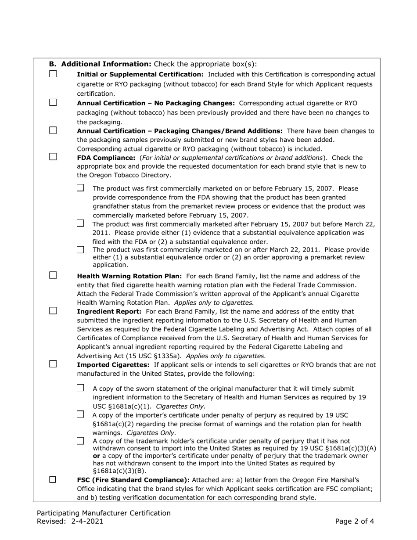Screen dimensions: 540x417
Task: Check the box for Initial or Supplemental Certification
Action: click(53, 74)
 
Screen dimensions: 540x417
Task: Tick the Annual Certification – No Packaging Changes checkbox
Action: click(53, 103)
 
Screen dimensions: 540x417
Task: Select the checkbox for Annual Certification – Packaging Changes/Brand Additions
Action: click(53, 130)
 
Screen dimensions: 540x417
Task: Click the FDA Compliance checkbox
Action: click(53, 157)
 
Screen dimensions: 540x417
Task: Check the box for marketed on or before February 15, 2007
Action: click(80, 188)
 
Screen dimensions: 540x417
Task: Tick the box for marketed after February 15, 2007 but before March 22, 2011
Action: click(80, 223)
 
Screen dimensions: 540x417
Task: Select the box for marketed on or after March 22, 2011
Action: click(80, 250)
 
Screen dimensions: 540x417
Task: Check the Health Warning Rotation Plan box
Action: click(53, 276)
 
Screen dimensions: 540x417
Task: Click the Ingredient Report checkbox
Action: click(53, 311)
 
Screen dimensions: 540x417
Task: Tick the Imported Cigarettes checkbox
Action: click(53, 364)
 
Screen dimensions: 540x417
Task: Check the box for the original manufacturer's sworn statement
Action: click(80, 388)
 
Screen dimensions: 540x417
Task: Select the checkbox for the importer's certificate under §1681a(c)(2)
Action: click(80, 414)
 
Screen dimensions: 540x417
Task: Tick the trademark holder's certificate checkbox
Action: click(80, 441)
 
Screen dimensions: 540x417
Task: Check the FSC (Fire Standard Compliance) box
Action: click(53, 480)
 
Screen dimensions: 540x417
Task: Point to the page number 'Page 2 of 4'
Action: click(354, 522)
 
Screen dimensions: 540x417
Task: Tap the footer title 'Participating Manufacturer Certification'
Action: click(104, 513)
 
